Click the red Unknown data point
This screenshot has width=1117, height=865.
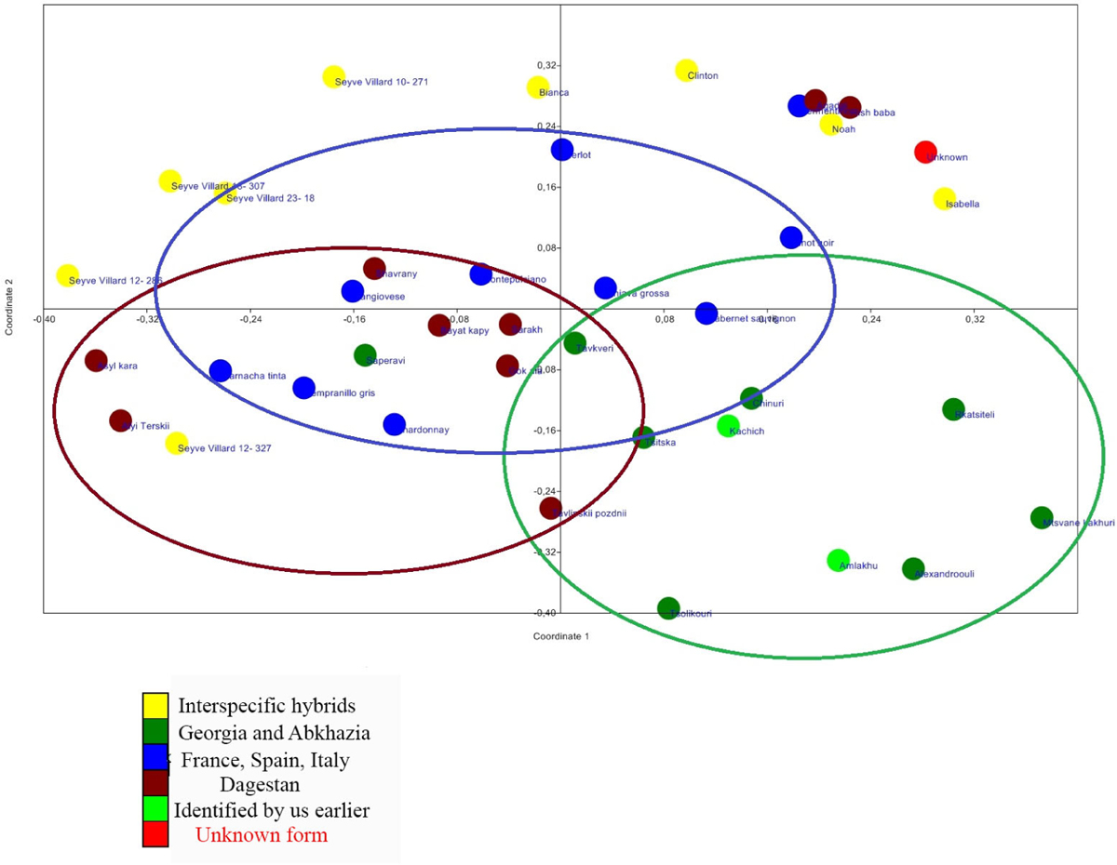924,152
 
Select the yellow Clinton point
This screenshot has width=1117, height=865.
686,70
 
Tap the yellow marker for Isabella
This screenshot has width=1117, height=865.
944,198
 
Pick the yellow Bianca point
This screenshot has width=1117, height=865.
538,87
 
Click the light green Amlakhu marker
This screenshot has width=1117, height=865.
838,560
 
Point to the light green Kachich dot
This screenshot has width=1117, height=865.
728,426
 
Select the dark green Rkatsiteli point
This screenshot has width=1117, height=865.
953,409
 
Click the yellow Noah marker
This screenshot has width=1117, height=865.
830,125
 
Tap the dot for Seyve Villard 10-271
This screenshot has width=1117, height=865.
333,77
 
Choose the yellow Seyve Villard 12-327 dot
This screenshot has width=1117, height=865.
176,443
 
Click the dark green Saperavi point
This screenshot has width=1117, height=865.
365,354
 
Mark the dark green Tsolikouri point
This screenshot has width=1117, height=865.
668,608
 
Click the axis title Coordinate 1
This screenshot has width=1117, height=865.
560,637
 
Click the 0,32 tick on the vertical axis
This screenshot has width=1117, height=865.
546,66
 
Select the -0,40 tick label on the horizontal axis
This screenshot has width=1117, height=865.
43,319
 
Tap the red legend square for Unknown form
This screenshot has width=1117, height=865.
155,834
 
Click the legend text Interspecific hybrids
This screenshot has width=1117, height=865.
267,706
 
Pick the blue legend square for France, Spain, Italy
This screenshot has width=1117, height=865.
155,758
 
